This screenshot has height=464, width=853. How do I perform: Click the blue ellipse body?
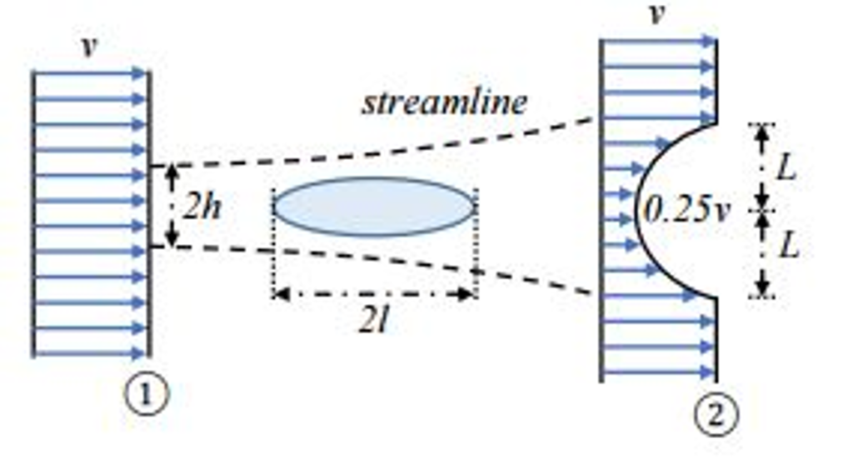(374, 207)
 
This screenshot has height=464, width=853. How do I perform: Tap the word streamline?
(444, 102)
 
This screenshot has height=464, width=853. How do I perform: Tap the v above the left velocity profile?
(89, 47)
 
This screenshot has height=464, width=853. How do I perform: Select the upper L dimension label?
(786, 169)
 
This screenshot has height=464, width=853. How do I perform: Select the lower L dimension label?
(786, 247)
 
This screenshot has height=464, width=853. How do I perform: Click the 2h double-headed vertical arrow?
(172, 206)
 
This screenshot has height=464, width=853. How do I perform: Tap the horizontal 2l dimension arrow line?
(374, 294)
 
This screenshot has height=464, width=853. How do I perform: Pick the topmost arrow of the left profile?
(90, 73)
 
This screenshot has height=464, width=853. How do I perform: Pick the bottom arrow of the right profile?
(658, 372)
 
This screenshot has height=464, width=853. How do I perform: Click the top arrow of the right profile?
(658, 40)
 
